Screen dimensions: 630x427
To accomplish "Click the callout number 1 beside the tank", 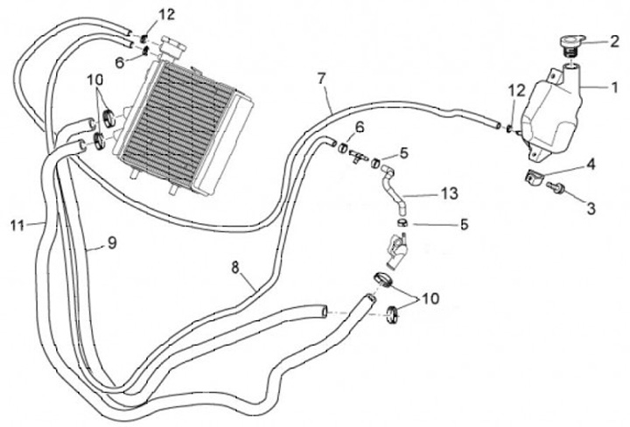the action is click(x=614, y=87).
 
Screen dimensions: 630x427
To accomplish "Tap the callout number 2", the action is click(x=614, y=41).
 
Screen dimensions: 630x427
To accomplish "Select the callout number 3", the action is click(x=591, y=208).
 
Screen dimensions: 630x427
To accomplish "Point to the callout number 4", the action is click(x=591, y=164).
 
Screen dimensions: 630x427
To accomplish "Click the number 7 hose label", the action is click(x=321, y=80).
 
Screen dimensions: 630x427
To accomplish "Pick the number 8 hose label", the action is click(x=236, y=267).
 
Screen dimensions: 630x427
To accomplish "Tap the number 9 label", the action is click(x=112, y=242).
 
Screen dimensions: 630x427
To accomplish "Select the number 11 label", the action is click(x=17, y=225).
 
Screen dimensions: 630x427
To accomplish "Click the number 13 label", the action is click(x=450, y=193).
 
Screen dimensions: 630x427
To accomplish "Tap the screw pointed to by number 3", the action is click(x=556, y=186).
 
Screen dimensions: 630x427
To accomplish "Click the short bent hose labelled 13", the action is click(x=393, y=186).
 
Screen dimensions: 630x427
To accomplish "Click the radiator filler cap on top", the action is click(x=173, y=45).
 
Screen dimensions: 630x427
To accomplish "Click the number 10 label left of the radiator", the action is click(x=94, y=80).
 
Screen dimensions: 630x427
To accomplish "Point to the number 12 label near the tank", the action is click(x=516, y=91).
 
